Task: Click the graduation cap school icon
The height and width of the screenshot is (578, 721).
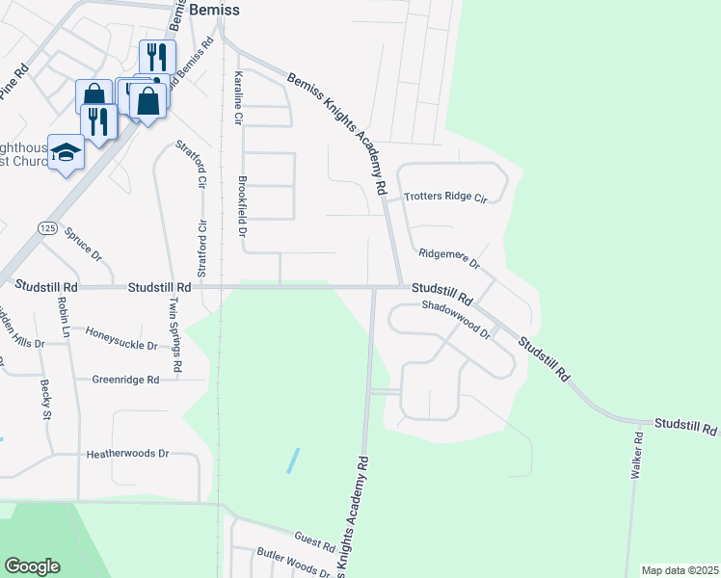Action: tap(66, 153)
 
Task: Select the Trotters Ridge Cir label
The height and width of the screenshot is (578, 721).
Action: tap(446, 197)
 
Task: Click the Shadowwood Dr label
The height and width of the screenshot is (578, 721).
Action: tap(456, 319)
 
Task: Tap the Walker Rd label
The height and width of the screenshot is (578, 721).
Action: tap(637, 457)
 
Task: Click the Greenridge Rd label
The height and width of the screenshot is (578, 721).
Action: tap(125, 380)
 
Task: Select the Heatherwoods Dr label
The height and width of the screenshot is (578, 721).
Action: tap(127, 453)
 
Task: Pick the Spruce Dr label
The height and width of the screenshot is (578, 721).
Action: tap(83, 244)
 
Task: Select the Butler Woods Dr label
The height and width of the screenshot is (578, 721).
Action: tap(293, 564)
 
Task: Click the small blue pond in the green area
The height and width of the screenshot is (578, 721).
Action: tap(292, 460)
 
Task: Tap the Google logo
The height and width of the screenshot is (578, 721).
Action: tap(32, 566)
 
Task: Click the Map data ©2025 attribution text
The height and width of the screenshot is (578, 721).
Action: tap(680, 570)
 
